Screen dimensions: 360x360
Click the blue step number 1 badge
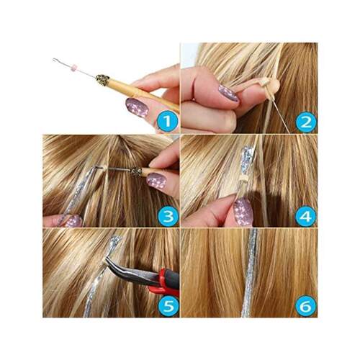pos(167,122)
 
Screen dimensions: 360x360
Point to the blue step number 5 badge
pos(168,307)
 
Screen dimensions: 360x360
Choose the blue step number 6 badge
pos(305,307)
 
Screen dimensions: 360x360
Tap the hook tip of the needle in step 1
pos(55,60)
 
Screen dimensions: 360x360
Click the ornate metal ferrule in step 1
pos(103,78)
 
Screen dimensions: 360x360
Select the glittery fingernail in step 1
pos(137,107)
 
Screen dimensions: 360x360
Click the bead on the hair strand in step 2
pos(266,83)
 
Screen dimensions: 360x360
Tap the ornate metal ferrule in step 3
pos(136,171)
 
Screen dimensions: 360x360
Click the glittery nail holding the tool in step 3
pos(156,181)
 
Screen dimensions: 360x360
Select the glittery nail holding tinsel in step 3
pos(73,221)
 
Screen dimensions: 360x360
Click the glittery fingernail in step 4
pos(243,212)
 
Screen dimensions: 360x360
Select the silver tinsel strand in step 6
pos(250,273)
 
